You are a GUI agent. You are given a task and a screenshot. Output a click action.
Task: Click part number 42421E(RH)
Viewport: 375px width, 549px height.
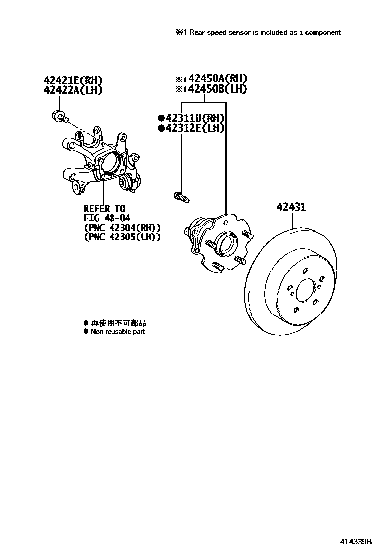coord(74,80)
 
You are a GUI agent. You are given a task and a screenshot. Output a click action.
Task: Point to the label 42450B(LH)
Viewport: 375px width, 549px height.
coord(215,89)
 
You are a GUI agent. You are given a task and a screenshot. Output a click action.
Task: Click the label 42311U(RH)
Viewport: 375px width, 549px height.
coord(193,118)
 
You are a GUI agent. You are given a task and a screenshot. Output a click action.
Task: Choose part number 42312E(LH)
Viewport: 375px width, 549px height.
coord(193,128)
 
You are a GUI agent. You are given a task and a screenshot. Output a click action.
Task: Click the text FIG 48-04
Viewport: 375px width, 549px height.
coord(107,218)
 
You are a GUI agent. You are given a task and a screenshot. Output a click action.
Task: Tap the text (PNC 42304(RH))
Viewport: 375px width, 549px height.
coord(122,228)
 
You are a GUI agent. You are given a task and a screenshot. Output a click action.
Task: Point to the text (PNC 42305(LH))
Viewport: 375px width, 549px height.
coord(122,237)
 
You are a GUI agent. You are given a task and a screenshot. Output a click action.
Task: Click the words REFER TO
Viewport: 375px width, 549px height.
coord(105,209)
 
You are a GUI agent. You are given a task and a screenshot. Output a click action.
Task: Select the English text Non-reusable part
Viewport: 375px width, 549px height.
coord(117,332)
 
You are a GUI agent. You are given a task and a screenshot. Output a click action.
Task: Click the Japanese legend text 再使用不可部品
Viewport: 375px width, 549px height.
coord(118,323)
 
